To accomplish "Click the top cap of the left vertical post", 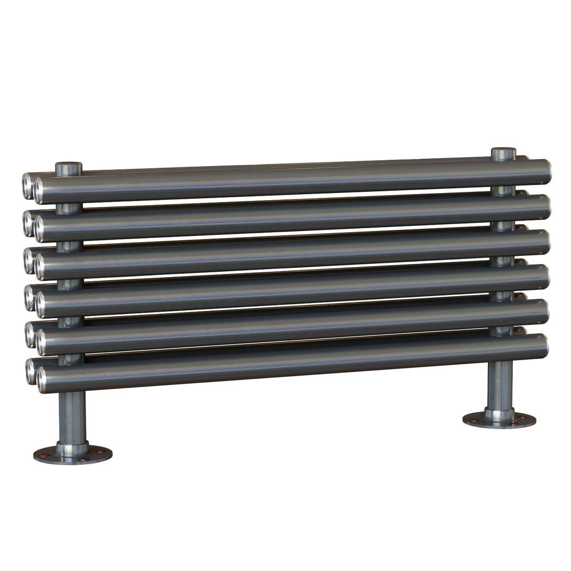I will [x=69, y=168].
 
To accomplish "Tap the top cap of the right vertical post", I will [x=503, y=153].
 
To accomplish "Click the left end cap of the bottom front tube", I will [x=42, y=380].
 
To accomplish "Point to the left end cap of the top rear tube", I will [x=27, y=185].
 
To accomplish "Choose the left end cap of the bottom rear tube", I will [x=31, y=372].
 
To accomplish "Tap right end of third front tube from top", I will [x=545, y=242].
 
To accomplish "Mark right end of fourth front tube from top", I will [x=544, y=276].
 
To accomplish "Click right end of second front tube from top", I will [x=545, y=207].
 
